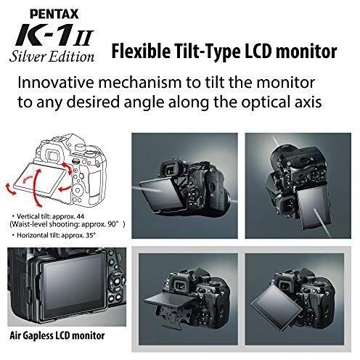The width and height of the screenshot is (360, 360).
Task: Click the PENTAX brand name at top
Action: (47, 12)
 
